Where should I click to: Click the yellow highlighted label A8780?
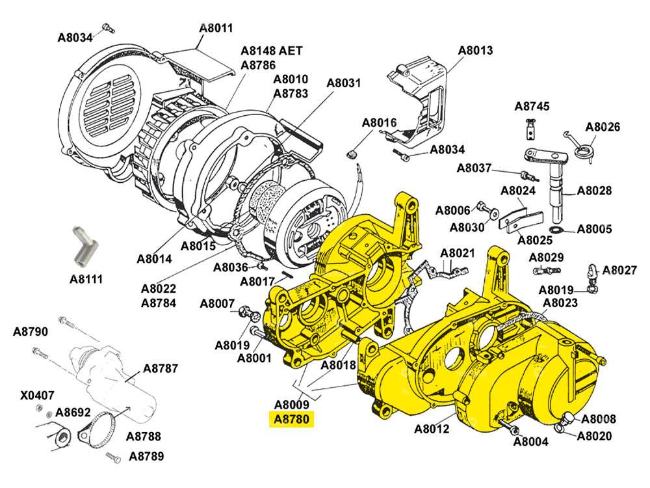(292, 420)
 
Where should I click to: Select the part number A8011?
(216, 29)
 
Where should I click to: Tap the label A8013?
(475, 50)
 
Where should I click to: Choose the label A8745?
(532, 106)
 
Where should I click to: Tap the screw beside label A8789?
(112, 455)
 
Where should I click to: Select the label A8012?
(432, 429)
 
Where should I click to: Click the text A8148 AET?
(271, 51)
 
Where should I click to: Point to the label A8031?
(343, 83)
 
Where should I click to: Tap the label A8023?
(560, 303)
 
